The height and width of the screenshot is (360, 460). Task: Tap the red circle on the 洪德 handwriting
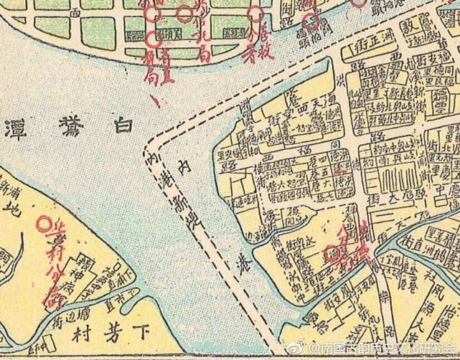[x=331, y=254]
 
